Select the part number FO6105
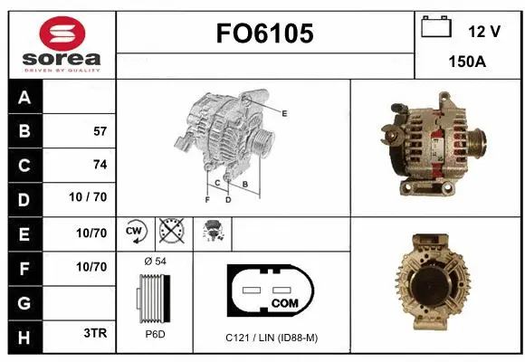(264, 33)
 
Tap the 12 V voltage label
(484, 32)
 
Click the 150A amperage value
(469, 62)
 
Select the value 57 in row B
(100, 130)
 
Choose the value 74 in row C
(100, 164)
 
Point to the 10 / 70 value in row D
(90, 197)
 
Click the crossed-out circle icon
(169, 232)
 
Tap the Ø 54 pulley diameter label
(154, 261)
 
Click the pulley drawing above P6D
(153, 297)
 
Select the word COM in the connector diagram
(284, 301)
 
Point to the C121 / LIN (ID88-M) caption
(272, 338)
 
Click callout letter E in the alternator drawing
(284, 113)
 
